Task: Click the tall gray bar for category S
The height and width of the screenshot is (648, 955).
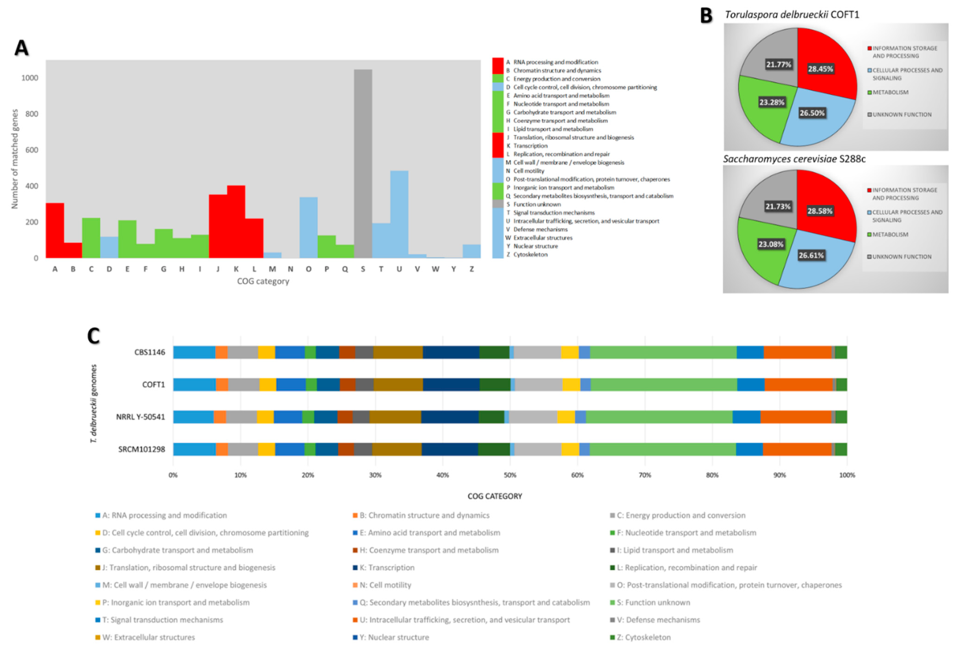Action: coord(363,164)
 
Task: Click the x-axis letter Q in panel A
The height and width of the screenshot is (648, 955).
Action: coord(345,269)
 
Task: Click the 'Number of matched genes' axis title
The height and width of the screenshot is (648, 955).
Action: coord(15,159)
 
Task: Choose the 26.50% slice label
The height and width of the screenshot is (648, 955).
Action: coord(812,113)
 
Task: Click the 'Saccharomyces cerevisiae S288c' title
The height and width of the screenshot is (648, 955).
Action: coord(794,159)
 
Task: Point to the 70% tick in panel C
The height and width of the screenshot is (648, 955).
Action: coord(645,475)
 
